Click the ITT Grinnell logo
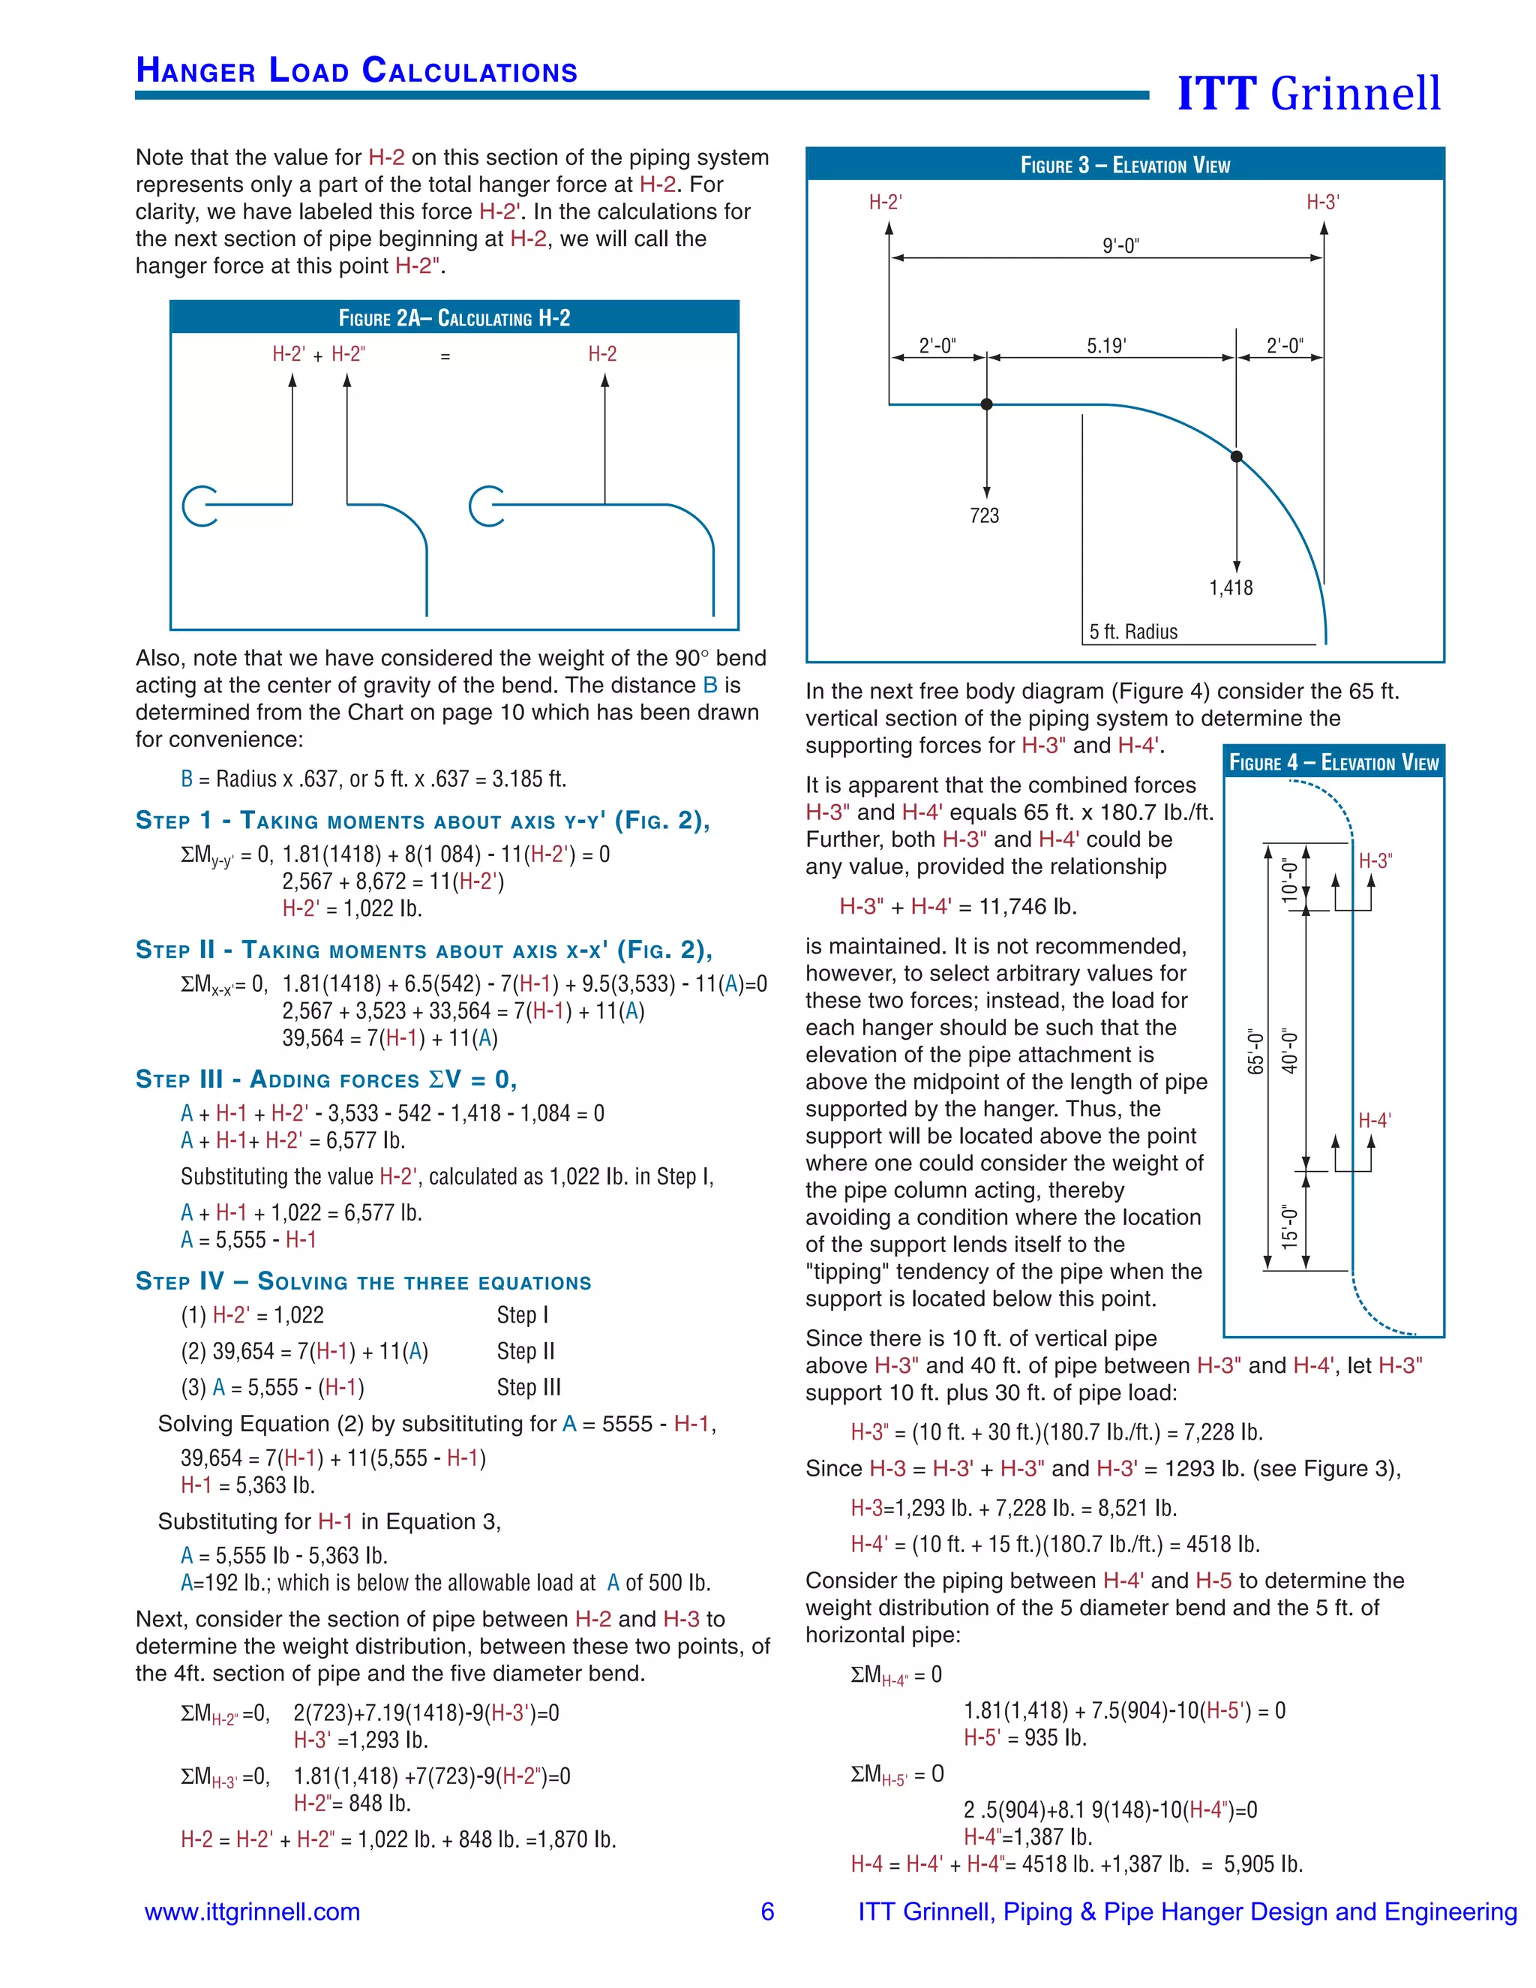coord(1309,93)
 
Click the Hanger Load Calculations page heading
coord(357,71)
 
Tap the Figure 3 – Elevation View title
coord(1125,165)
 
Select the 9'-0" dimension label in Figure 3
coord(1120,246)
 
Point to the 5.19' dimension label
coord(1106,346)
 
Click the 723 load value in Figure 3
coord(985,516)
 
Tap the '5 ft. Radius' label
coord(1133,632)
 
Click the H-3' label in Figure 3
coord(1322,202)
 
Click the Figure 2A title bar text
coord(454,317)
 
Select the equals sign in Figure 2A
coord(445,357)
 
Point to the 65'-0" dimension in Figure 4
coord(1255,1051)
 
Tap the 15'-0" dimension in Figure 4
coord(1289,1225)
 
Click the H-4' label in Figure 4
coord(1374,1121)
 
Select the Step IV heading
coord(363,1281)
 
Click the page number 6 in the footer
coord(767,1911)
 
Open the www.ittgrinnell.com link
coord(252,1911)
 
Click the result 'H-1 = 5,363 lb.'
coord(247,1485)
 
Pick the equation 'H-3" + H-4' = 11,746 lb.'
coord(957,907)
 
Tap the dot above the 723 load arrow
coord(986,404)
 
